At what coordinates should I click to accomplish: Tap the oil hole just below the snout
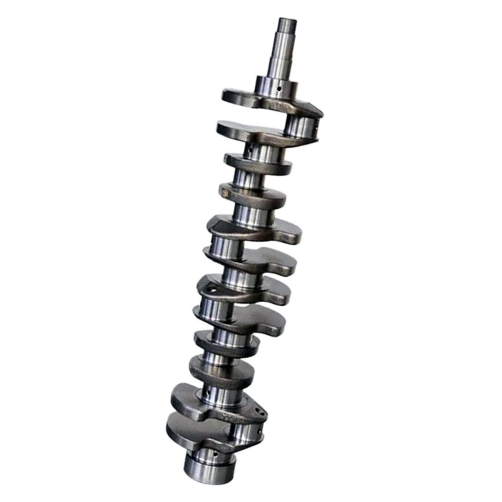(278, 88)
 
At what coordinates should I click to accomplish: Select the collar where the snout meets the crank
(277, 86)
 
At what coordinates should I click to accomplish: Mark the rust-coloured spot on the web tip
(226, 193)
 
